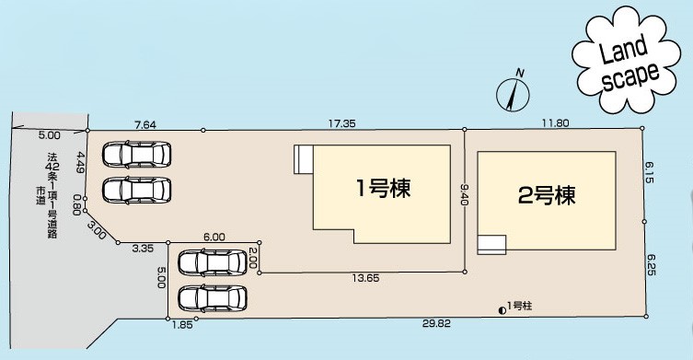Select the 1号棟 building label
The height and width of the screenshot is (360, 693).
coord(382,189)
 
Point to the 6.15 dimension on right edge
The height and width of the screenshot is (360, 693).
coord(649,172)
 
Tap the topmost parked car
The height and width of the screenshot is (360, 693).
coord(136,154)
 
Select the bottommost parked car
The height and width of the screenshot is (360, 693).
coord(213,298)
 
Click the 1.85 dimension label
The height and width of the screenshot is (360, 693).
coord(181,325)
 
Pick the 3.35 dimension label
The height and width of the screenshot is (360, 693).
coord(142,249)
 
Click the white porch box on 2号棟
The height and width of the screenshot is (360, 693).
coord(491,243)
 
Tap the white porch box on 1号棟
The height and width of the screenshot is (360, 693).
coord(303,159)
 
